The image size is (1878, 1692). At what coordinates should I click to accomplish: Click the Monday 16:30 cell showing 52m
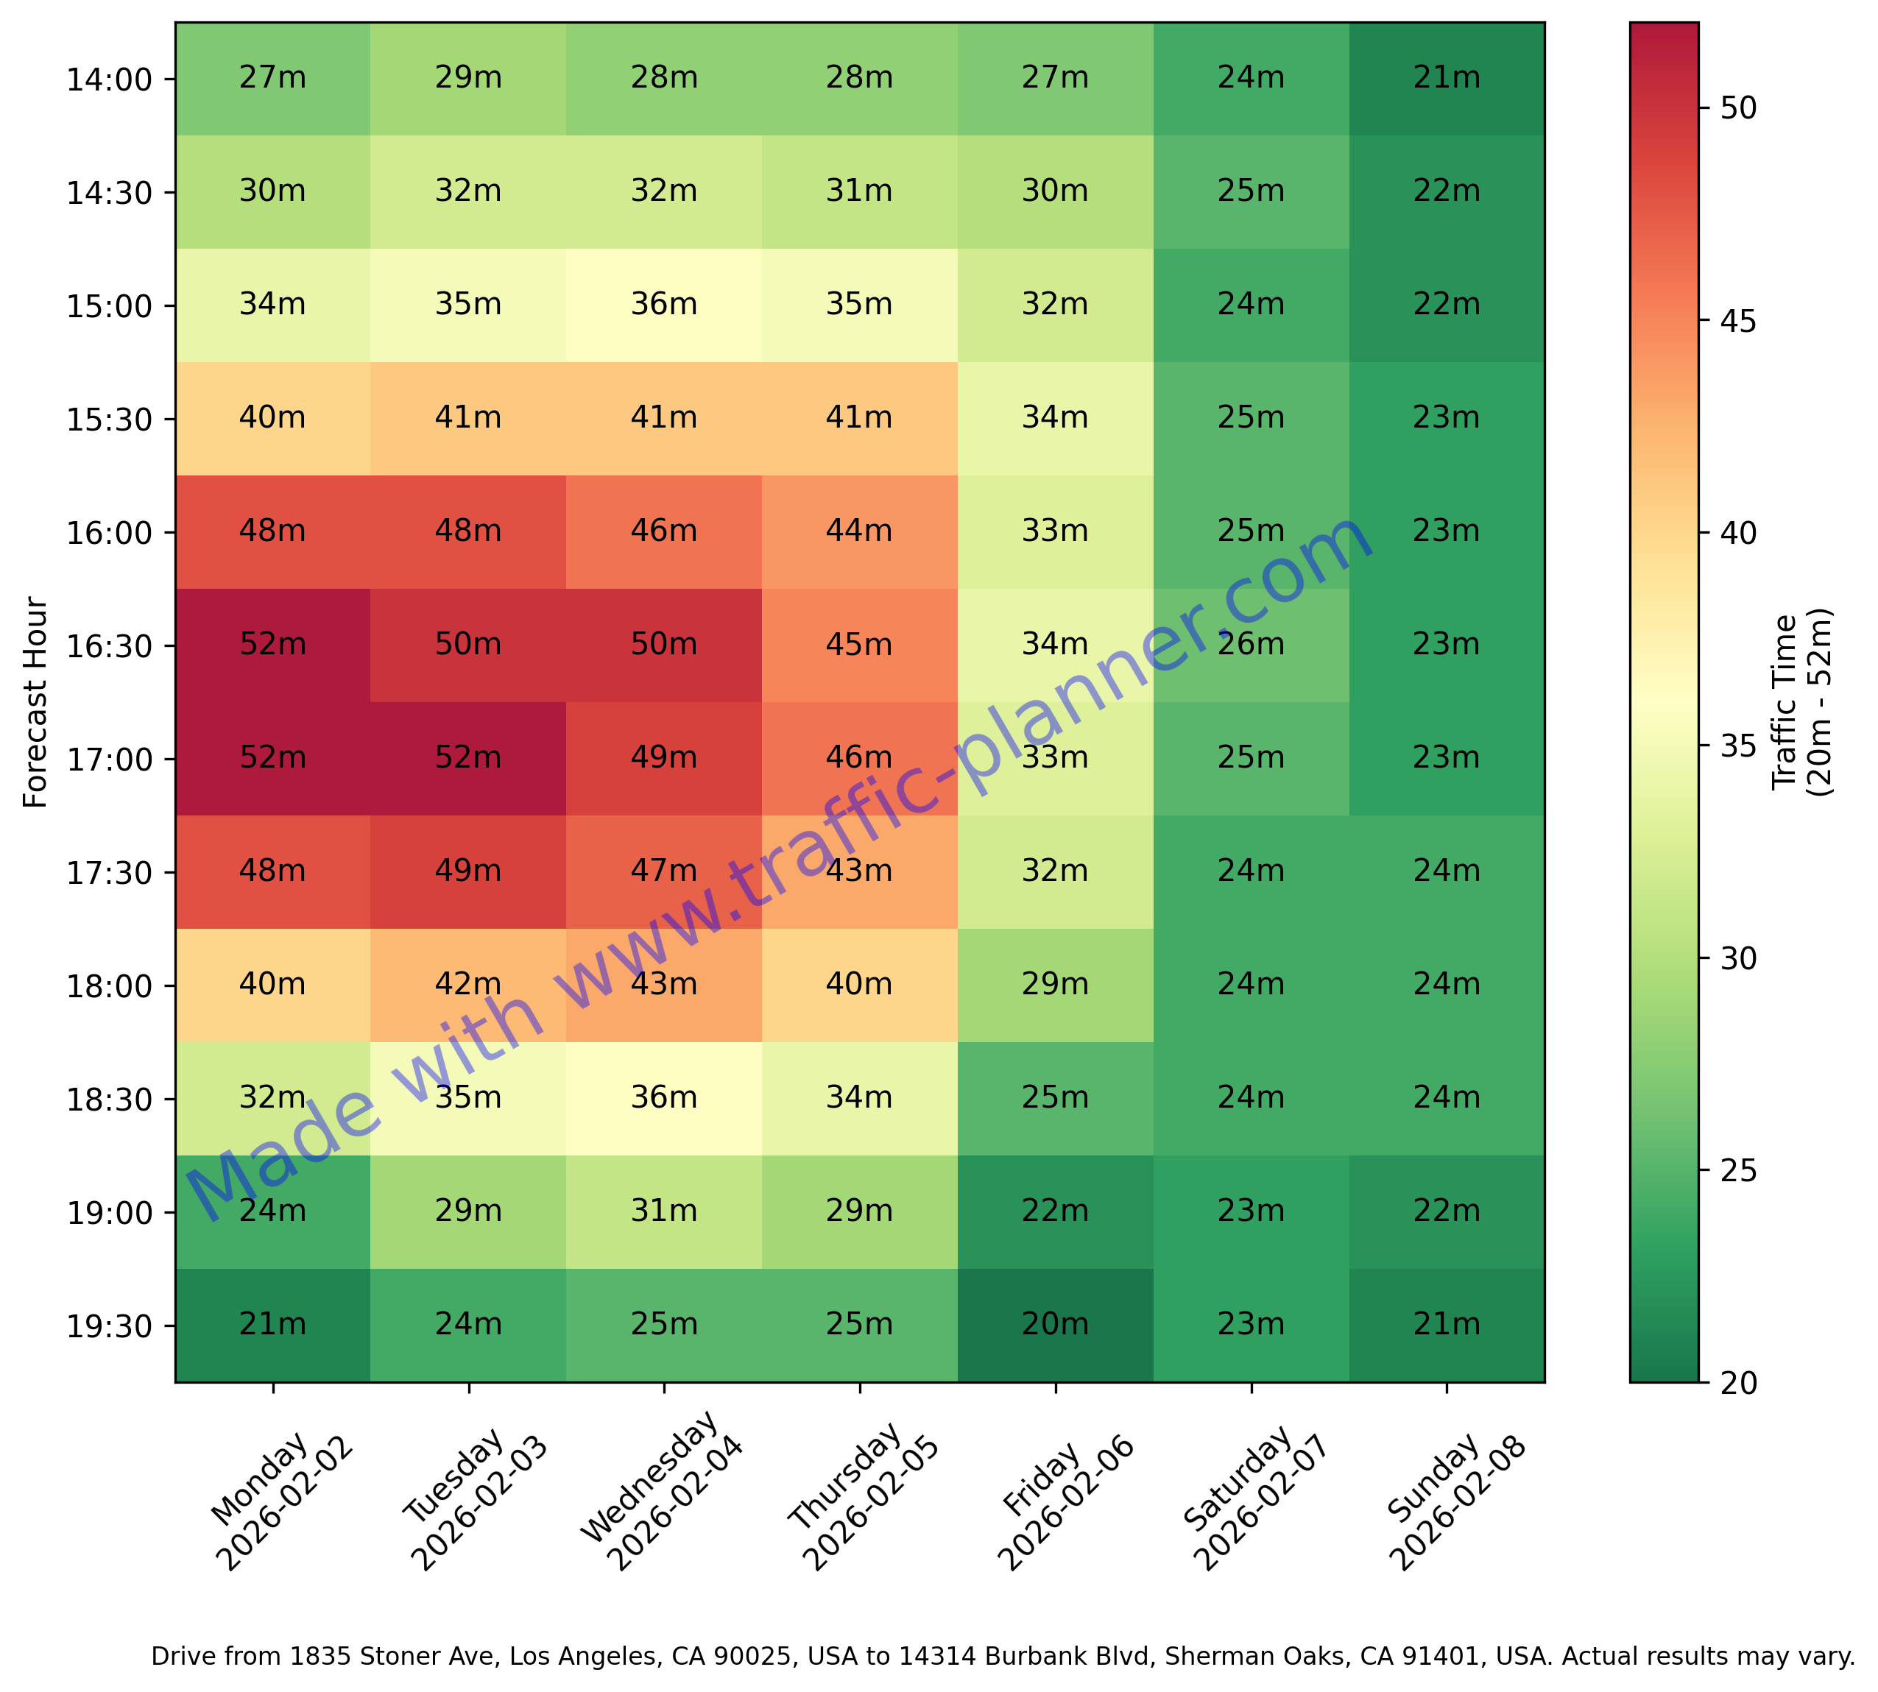272,644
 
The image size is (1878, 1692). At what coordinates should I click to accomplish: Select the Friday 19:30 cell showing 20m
1055,1324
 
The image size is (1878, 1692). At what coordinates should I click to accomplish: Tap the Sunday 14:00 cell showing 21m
1447,78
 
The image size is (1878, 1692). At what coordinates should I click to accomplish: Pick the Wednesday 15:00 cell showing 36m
664,305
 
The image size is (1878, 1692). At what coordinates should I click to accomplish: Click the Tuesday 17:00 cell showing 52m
467,757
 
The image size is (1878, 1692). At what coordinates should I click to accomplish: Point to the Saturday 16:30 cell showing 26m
1251,644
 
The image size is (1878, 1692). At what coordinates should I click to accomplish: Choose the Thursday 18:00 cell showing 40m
859,985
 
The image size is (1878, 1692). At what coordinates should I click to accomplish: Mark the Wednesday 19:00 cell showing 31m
664,1211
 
